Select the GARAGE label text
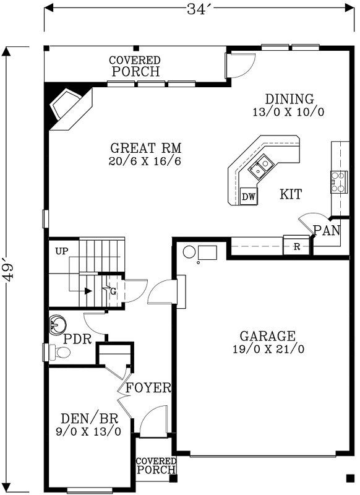(267, 337)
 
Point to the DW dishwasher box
(249, 197)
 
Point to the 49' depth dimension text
(8, 270)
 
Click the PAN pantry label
(326, 231)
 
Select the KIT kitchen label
(291, 194)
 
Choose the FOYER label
(148, 389)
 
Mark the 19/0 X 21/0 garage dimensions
(267, 349)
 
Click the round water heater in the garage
(189, 252)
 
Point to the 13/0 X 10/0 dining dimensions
(289, 112)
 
